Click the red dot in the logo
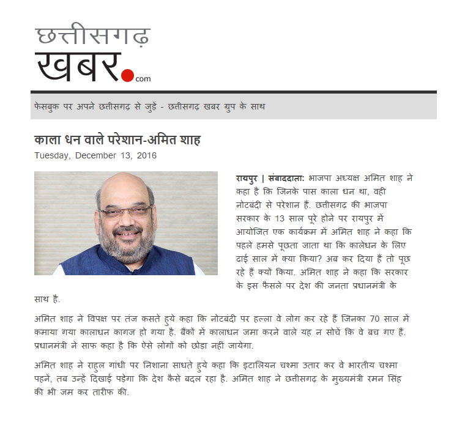[x=127, y=75]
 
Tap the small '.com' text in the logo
[x=143, y=79]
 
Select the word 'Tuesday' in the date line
[x=52, y=155]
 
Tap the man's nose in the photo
[x=125, y=221]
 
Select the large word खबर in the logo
[x=76, y=66]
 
